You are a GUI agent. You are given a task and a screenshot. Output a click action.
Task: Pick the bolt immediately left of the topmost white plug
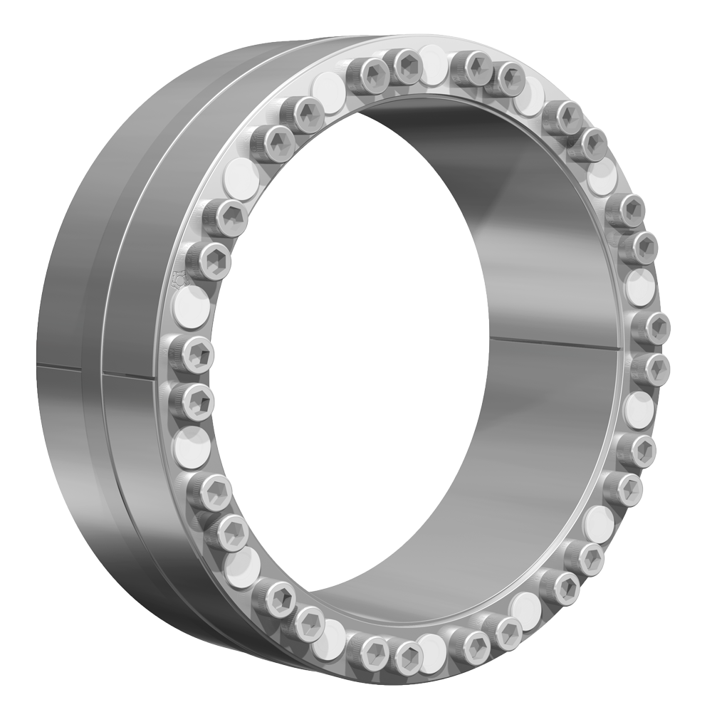coord(406,66)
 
